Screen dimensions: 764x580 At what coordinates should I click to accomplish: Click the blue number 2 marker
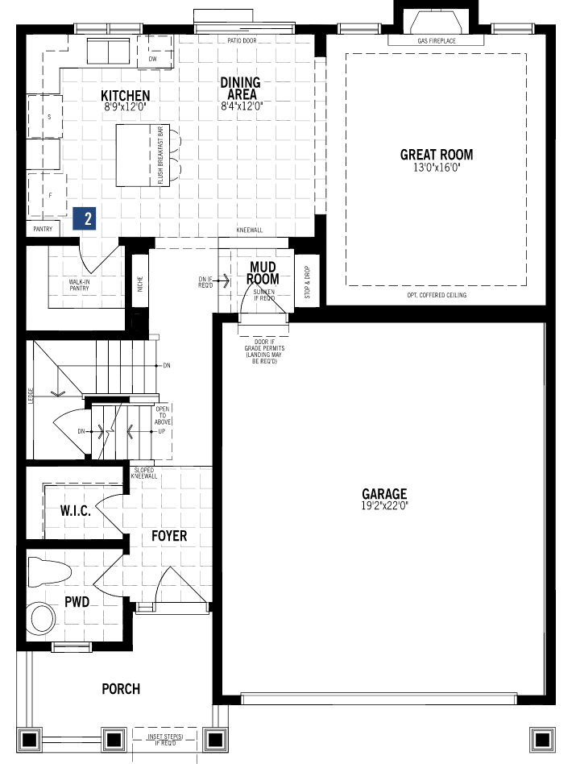pos(87,218)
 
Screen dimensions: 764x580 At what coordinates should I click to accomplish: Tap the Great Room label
pos(437,155)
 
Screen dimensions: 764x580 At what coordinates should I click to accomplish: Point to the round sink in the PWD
pos(41,619)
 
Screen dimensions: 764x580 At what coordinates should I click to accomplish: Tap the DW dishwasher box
pos(152,60)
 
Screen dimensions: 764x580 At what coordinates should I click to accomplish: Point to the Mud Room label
pos(263,273)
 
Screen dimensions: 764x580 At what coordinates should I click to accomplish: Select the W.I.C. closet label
pos(75,511)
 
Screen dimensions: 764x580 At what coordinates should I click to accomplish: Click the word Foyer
pos(169,536)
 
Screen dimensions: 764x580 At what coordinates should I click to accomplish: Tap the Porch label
pos(121,689)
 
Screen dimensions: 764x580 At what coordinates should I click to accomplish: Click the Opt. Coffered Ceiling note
pos(437,295)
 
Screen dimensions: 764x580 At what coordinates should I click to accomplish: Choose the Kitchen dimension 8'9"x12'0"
pos(126,106)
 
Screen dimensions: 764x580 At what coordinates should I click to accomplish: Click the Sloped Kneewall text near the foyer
pos(145,472)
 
